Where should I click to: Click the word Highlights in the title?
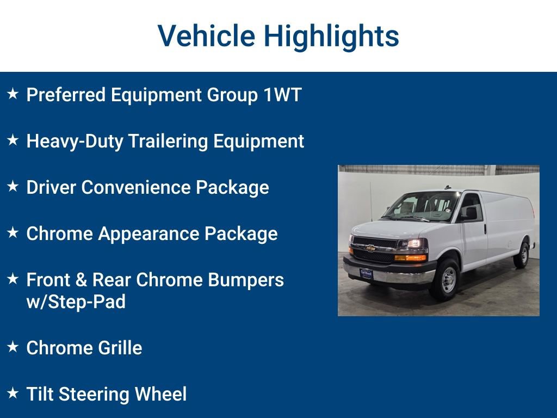(331, 36)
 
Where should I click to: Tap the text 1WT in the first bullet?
(282, 95)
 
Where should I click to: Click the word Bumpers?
(252, 280)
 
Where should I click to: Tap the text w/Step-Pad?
(76, 302)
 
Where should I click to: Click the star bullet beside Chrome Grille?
(13, 346)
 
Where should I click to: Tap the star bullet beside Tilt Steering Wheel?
(13, 392)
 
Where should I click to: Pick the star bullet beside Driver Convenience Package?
(13, 186)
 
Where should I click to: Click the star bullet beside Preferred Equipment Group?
(13, 94)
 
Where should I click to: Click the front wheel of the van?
(447, 280)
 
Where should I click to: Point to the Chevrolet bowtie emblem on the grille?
(370, 249)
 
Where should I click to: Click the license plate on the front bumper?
(367, 274)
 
